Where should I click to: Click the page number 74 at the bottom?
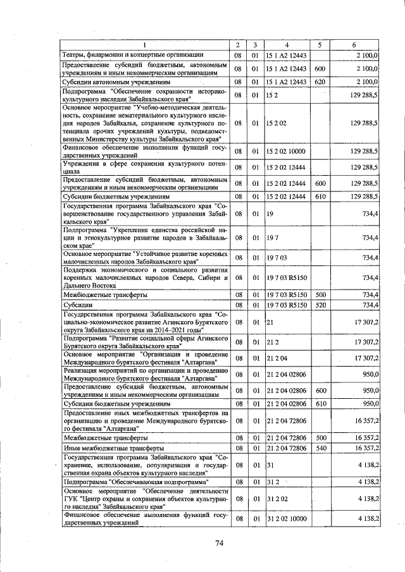(x=220, y=543)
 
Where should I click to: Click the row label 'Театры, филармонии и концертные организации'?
(x=132, y=55)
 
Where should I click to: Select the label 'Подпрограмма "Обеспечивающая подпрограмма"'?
(x=137, y=482)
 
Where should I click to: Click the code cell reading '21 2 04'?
(x=277, y=358)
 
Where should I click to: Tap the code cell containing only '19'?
(x=270, y=216)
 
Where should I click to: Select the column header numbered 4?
(x=287, y=45)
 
